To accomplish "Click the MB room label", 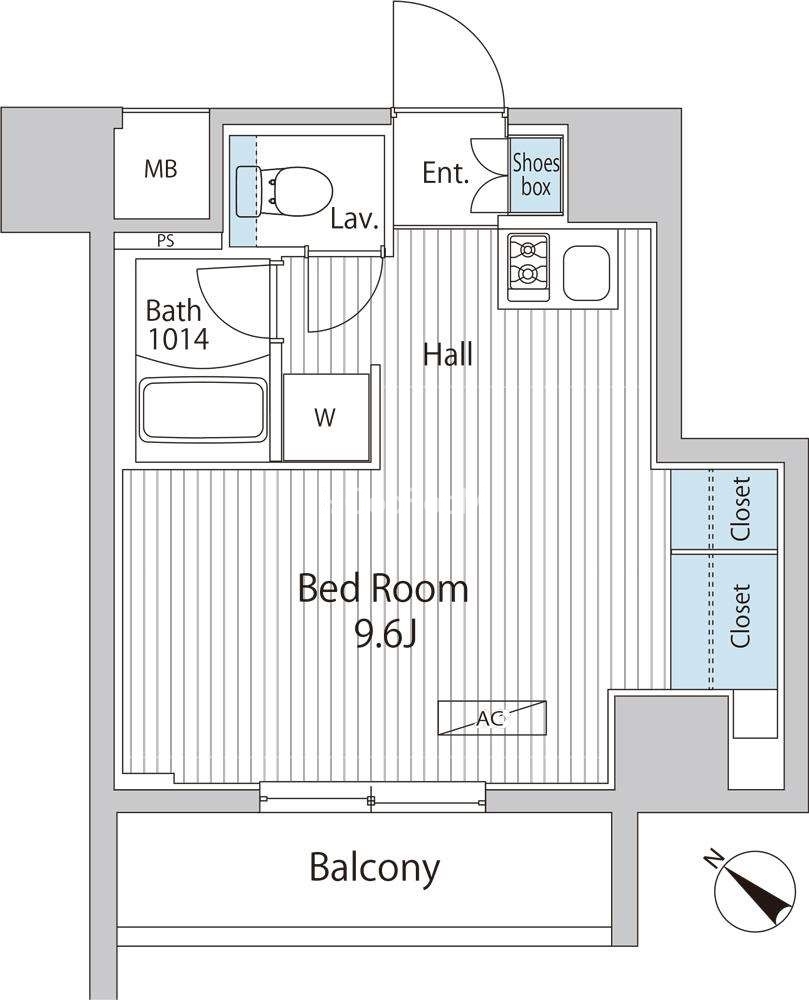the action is click(161, 169).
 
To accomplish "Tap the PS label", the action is click(166, 241).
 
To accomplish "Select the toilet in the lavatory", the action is click(284, 191).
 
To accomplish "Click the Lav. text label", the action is click(355, 220).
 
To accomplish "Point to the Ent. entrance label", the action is click(446, 173).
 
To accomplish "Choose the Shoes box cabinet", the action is click(536, 175).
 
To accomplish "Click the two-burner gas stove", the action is click(528, 267).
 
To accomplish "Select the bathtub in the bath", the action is click(203, 410).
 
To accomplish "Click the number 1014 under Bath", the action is click(178, 339).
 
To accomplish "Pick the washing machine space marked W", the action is click(326, 417).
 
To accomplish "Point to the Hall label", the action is click(448, 355).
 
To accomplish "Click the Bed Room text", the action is click(383, 589).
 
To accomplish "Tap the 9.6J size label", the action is click(386, 635).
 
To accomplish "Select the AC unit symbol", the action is click(492, 719).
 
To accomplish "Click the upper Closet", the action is click(724, 509).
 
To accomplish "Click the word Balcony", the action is click(375, 868).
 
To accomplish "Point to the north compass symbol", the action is click(755, 890).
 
